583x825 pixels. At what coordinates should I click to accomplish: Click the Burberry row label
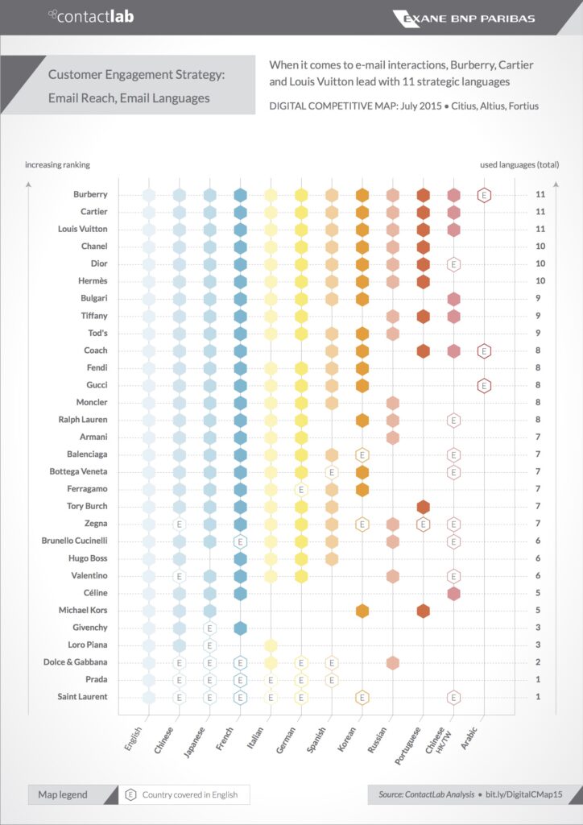(89, 194)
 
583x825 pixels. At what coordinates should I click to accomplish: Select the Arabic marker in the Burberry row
(484, 194)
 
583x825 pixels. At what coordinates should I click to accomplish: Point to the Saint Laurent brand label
(83, 696)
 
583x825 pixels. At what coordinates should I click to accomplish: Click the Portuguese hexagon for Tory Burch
(423, 506)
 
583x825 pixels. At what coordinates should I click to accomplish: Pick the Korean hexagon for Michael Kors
(362, 610)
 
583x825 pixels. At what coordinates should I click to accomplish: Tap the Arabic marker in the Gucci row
(484, 385)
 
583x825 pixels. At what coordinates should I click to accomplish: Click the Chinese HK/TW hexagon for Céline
(453, 593)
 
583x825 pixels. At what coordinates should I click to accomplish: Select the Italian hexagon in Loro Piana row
(271, 645)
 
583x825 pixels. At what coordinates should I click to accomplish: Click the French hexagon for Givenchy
(240, 628)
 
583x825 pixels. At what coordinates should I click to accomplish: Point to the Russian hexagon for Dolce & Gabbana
(392, 662)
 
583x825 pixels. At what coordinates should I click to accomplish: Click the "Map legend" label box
(63, 794)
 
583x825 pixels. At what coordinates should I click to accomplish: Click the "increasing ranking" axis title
(57, 165)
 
